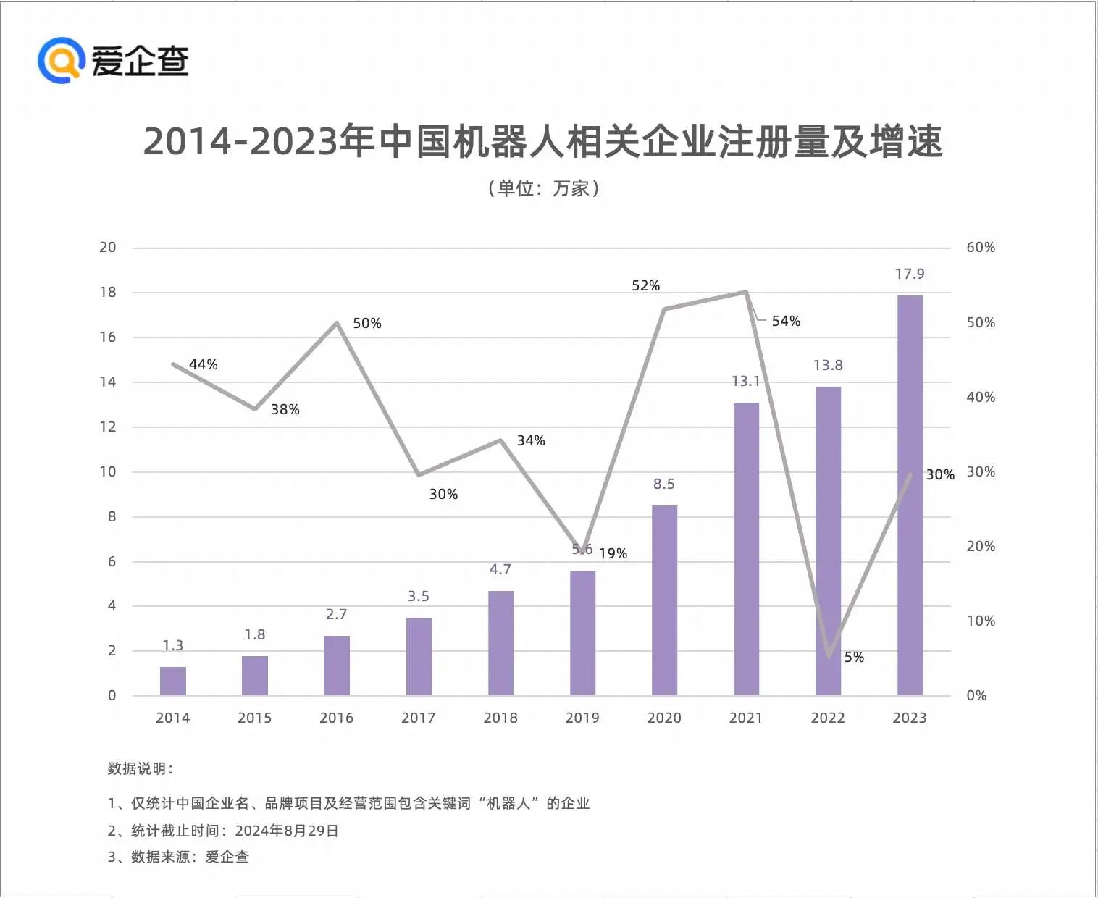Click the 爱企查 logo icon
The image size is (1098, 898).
pos(61,59)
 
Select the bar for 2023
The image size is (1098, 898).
pos(910,495)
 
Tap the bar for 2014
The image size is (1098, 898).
pos(172,681)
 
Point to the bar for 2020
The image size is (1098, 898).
pos(664,600)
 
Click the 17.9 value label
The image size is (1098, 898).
pos(910,274)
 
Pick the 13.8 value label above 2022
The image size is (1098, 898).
pos(828,365)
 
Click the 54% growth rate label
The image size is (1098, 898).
pos(786,321)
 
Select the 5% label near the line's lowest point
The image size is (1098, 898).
pos(854,657)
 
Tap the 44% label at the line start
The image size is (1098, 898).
pos(203,364)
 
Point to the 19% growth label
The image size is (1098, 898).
pos(613,553)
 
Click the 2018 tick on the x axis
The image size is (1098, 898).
pos(500,718)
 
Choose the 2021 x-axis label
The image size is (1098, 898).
pos(746,718)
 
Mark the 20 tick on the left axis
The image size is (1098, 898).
pos(107,247)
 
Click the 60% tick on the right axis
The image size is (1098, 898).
pos(981,247)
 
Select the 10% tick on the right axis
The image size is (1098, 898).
pos(981,621)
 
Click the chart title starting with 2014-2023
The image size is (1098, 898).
pos(543,141)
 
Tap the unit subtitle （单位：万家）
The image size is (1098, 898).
pos(543,188)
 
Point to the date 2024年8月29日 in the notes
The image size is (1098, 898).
pos(287,831)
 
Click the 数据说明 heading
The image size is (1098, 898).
pos(139,768)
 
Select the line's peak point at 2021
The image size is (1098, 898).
pos(746,292)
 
